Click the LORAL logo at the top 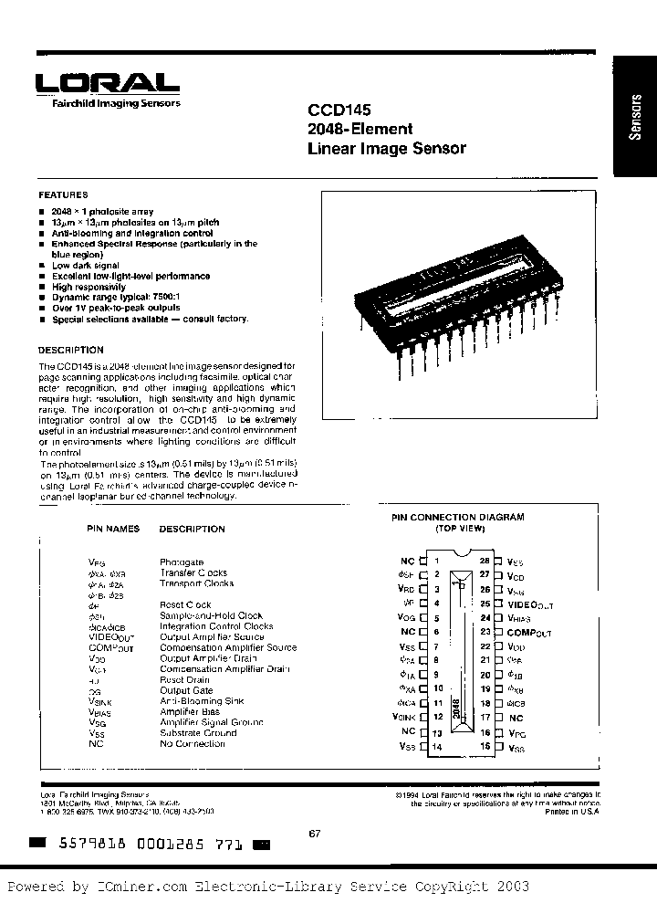(108, 82)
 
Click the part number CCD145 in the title (334, 108)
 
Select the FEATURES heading (63, 195)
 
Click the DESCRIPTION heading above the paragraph (71, 351)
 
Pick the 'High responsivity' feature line (89, 287)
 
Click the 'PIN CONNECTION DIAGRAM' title (458, 518)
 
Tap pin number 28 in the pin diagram (485, 561)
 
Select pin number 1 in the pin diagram (437, 561)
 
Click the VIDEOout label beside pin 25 (530, 604)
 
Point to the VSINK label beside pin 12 (402, 718)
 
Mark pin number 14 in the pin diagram (437, 747)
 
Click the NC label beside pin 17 (516, 719)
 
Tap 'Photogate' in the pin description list (182, 562)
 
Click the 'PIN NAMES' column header (113, 529)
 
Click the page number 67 (315, 831)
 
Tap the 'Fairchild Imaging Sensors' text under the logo (109, 103)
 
